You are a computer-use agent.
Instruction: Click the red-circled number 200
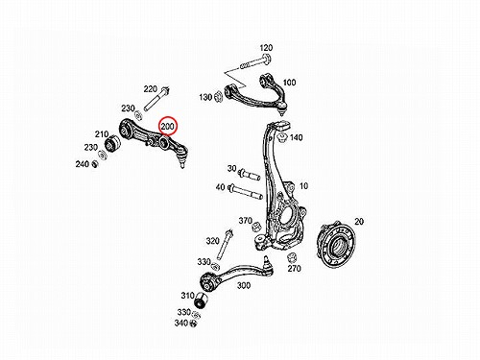168,127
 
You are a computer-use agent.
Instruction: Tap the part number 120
266,48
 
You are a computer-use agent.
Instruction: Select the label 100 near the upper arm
289,83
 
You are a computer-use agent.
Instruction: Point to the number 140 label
296,137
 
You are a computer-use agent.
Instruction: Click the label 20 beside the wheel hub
359,222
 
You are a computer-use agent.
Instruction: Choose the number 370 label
246,221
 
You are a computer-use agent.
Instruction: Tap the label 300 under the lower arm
244,285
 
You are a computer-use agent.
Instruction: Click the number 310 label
187,296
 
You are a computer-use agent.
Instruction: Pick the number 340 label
181,324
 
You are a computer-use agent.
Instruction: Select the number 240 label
83,164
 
